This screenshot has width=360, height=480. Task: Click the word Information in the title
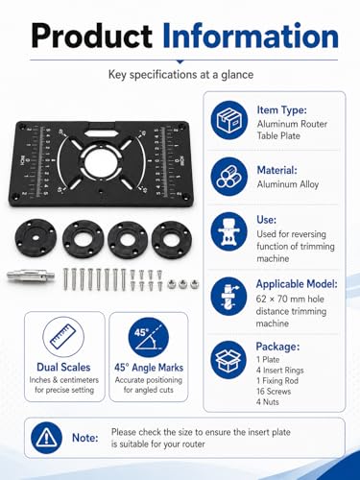251,36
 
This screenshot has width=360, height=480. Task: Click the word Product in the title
92,36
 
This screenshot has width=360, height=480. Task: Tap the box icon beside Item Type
229,120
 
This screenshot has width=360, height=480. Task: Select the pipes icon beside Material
229,177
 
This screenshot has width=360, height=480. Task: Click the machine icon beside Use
229,231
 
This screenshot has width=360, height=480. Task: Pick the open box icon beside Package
228,360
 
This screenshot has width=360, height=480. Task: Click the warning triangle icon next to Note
47,438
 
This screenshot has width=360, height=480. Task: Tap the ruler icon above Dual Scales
63,337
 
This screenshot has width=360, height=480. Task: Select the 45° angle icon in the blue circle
149,338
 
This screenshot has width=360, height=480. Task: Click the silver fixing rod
31,276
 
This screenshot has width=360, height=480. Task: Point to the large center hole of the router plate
102,162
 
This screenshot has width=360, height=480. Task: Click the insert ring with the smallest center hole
36,238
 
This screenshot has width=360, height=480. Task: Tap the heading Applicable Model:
297,284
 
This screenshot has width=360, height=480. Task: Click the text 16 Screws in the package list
274,391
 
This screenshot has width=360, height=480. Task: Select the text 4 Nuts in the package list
268,401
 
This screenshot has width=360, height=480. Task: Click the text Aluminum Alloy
288,184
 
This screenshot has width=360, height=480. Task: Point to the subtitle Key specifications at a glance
180,75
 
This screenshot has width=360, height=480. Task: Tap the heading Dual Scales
63,367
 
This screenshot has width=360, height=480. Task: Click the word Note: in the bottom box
85,438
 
